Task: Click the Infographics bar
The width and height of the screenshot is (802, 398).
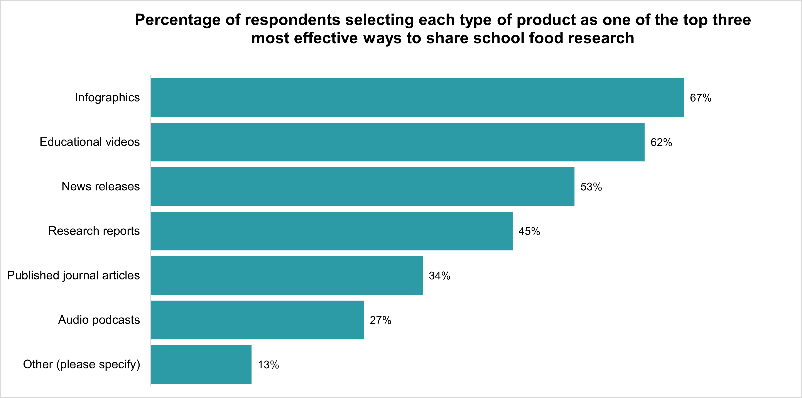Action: tap(417, 97)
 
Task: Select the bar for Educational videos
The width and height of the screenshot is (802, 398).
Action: tap(398, 142)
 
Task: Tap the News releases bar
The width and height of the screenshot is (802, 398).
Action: tap(362, 186)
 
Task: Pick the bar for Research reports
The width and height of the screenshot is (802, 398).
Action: tap(332, 231)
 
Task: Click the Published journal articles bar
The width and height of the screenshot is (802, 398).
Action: tap(286, 275)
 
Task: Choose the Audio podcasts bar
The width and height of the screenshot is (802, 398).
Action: tap(257, 320)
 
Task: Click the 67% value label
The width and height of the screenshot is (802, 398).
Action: tap(701, 98)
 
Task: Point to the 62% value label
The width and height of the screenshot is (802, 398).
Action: tap(661, 142)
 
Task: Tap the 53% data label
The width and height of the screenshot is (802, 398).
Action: tap(591, 187)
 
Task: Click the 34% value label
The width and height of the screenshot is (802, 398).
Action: tap(439, 276)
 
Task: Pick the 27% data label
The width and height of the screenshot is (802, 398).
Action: tap(380, 320)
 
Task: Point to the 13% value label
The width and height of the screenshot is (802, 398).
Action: tap(268, 365)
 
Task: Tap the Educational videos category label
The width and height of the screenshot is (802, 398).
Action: tap(90, 142)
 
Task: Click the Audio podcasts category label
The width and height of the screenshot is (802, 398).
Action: tap(99, 320)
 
